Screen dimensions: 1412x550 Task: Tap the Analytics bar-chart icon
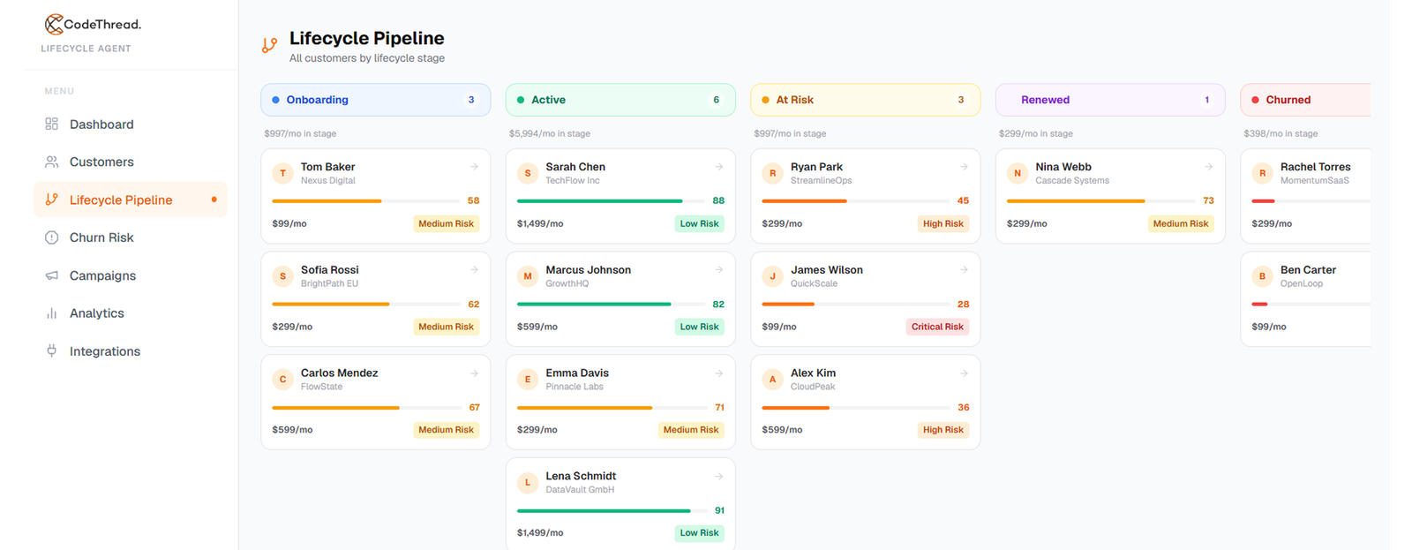[52, 313]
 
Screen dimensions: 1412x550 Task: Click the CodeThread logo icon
[54, 24]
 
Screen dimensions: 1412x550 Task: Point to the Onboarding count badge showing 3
[471, 100]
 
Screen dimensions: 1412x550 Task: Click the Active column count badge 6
[716, 100]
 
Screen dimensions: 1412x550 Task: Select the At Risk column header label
[794, 100]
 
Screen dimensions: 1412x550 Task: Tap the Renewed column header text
[1045, 100]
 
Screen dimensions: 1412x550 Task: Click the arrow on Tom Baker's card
[474, 167]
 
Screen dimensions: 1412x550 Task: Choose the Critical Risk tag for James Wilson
[937, 327]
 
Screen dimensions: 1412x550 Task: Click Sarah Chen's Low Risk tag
[699, 223]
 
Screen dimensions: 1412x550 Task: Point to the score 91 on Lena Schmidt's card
[719, 510]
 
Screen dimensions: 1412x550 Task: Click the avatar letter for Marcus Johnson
[528, 276]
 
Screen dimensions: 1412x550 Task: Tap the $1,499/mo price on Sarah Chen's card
[540, 223]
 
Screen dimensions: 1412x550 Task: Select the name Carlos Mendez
[339, 373]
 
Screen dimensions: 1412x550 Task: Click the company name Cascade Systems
[1072, 180]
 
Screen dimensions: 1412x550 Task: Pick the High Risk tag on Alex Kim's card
[943, 430]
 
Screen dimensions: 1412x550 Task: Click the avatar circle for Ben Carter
[1262, 276]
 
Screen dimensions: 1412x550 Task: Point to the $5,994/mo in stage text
[550, 133]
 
